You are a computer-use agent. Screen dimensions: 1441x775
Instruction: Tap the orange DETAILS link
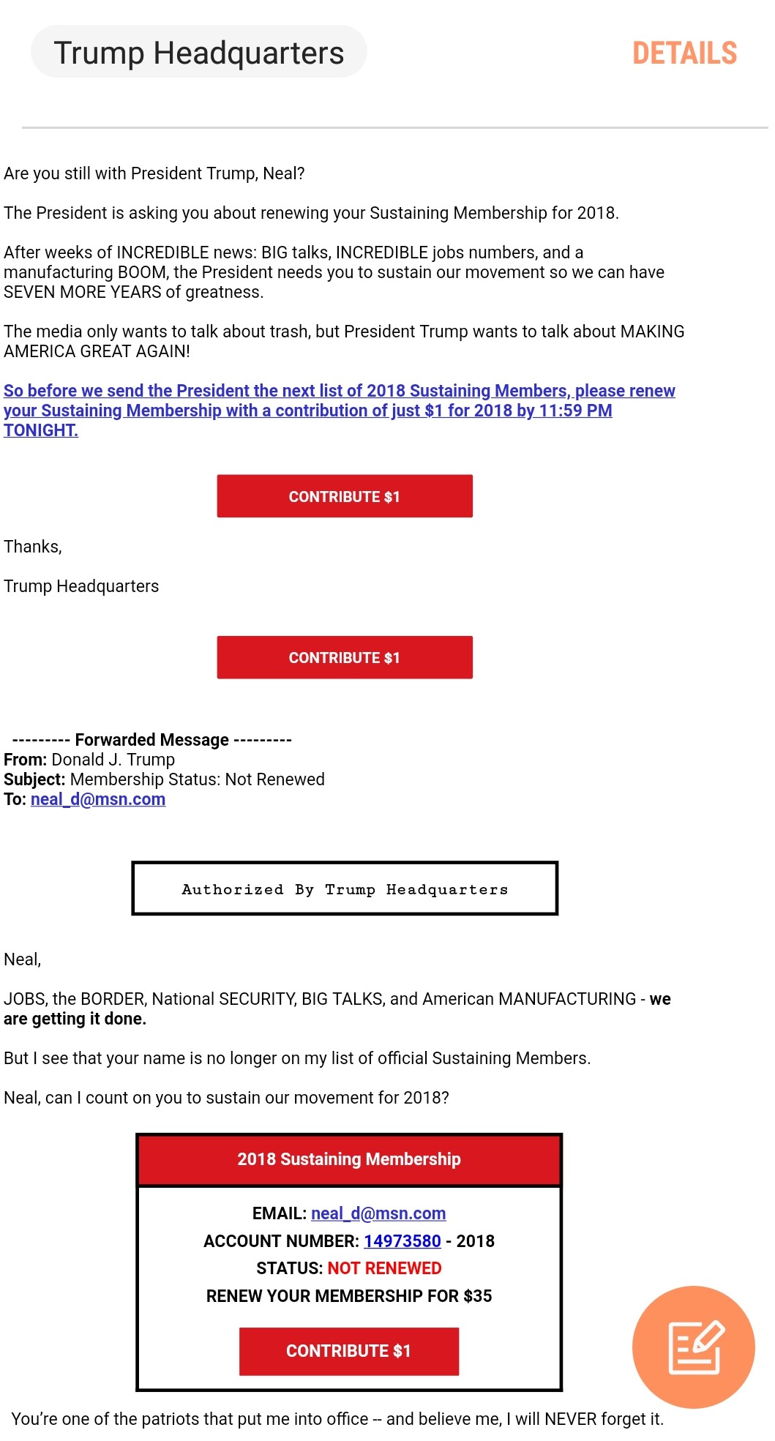[x=684, y=53]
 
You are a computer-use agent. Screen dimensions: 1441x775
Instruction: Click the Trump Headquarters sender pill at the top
[x=198, y=53]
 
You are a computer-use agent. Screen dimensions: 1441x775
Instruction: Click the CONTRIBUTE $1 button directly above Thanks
[x=344, y=496]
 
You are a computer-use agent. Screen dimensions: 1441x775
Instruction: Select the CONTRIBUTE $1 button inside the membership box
[x=348, y=1351]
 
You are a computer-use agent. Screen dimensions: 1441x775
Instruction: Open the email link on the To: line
[x=98, y=799]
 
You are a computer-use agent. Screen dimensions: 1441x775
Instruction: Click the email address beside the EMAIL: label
[x=378, y=1213]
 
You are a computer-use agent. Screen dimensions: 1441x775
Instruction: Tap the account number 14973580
[x=402, y=1241]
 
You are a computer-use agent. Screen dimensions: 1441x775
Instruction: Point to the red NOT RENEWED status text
[x=384, y=1268]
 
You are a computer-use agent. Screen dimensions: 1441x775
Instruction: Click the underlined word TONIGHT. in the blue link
[x=41, y=430]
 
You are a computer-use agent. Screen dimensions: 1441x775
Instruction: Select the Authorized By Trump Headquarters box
[x=345, y=889]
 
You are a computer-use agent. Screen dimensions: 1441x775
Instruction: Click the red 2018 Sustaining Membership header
[x=348, y=1159]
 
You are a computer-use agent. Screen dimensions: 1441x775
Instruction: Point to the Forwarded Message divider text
[x=151, y=740]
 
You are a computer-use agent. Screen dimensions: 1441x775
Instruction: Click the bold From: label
[x=25, y=760]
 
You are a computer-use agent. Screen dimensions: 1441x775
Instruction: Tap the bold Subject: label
[x=34, y=779]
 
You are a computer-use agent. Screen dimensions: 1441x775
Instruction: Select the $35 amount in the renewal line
[x=477, y=1296]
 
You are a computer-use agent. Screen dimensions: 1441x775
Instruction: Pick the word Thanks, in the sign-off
[x=33, y=547]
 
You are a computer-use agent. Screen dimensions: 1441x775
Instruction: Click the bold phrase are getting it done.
[x=75, y=1019]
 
